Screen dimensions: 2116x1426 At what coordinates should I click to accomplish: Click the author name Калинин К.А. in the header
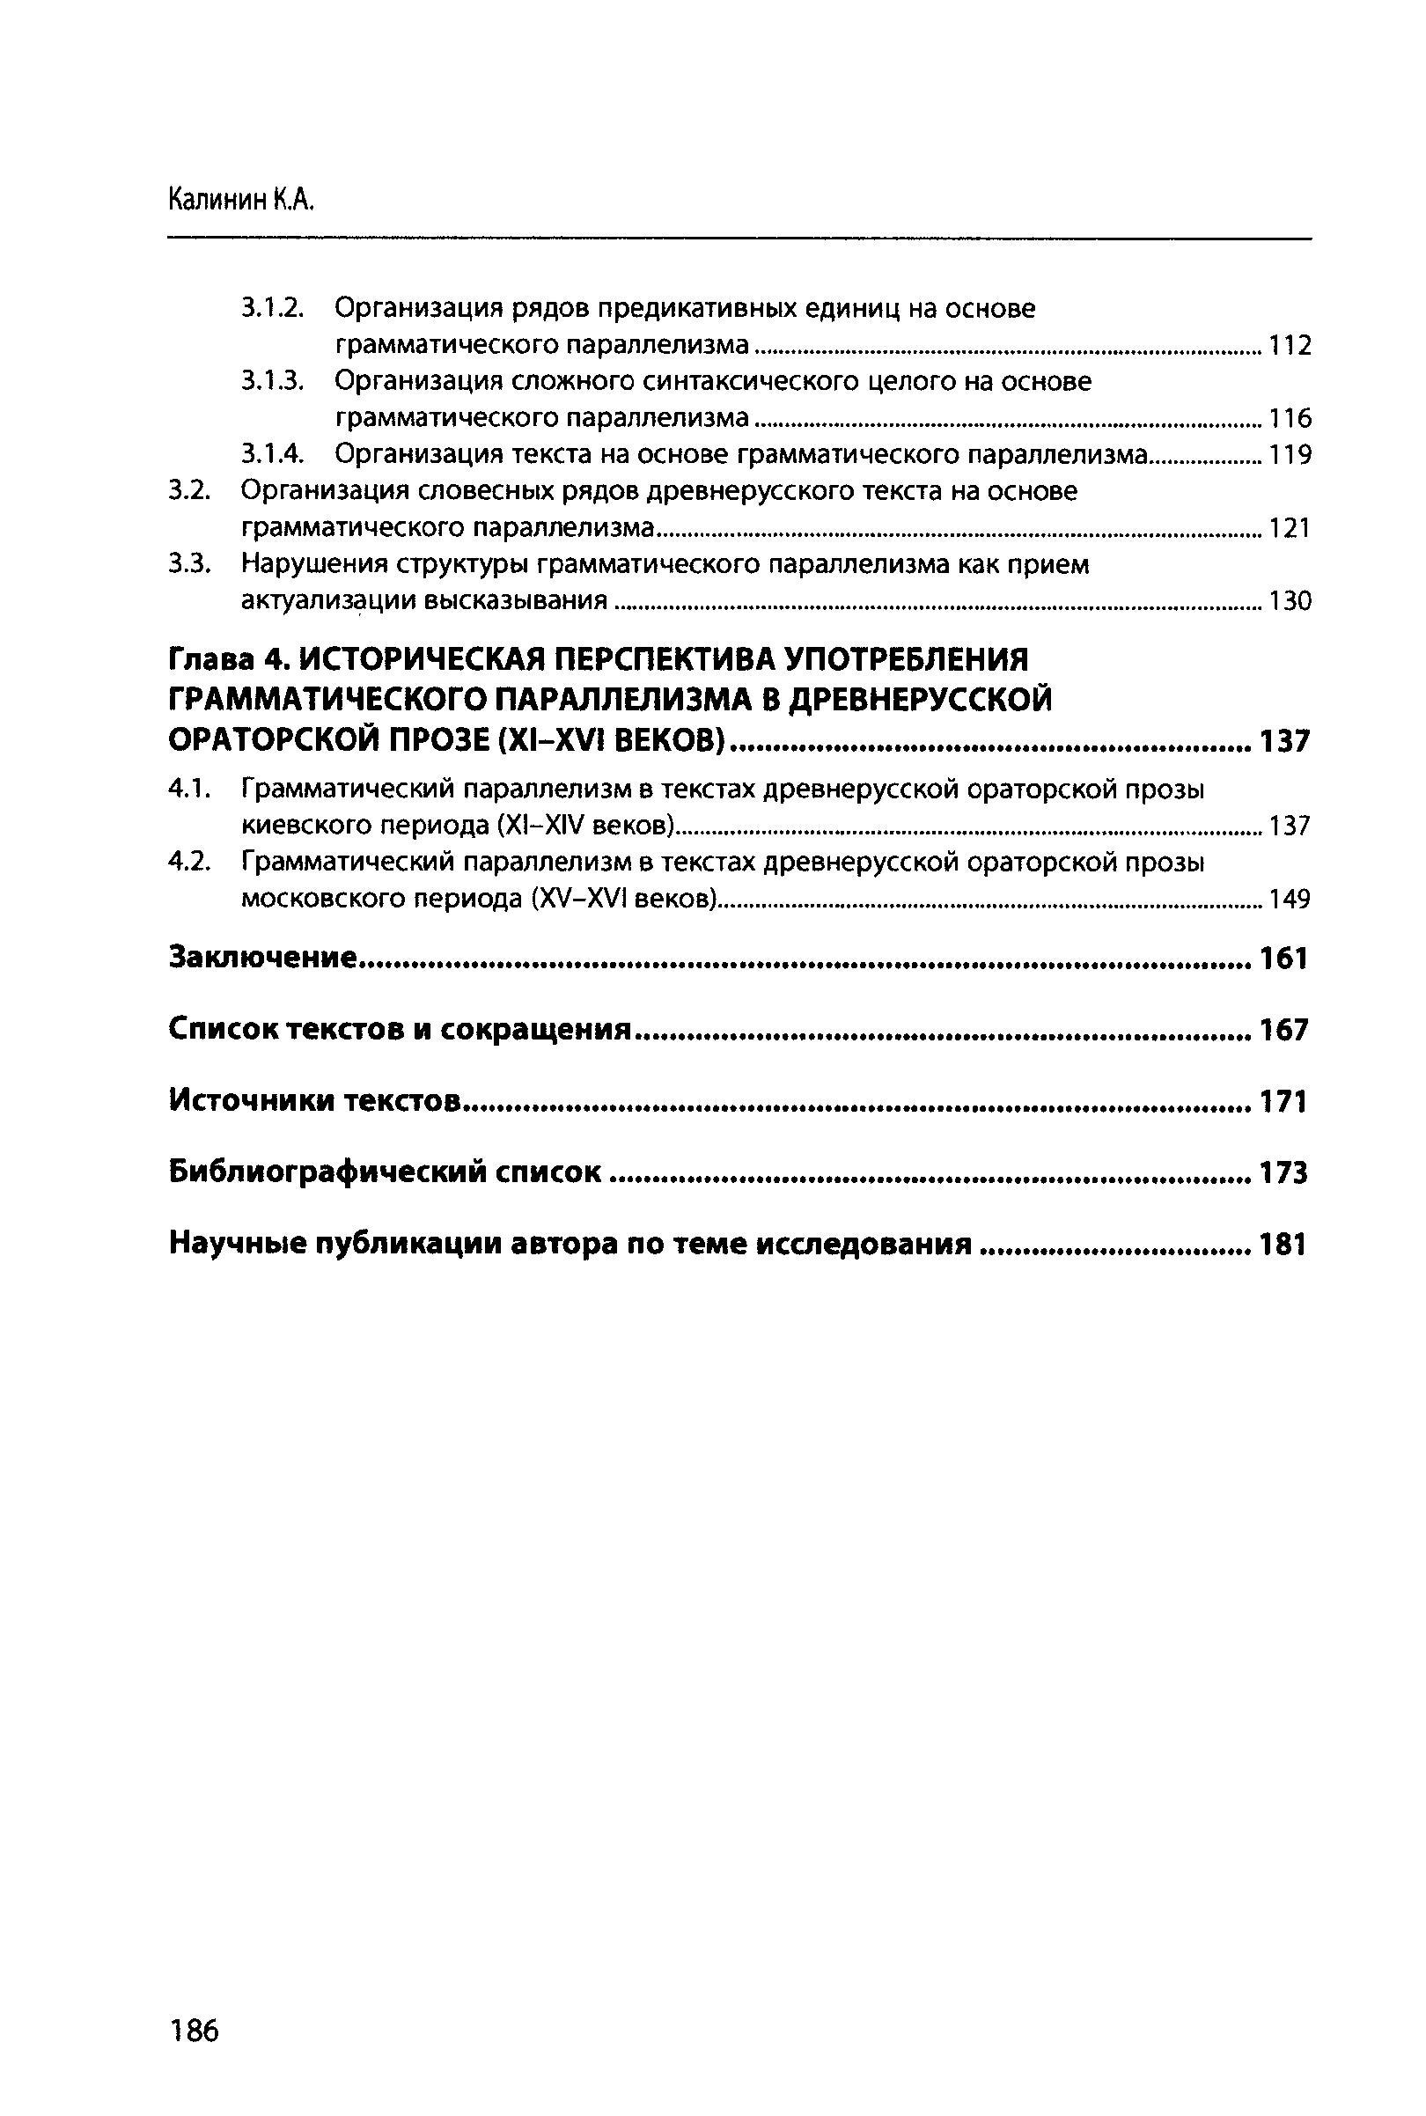pyautogui.click(x=241, y=200)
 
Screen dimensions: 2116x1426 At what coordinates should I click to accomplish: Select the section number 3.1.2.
pyautogui.click(x=271, y=308)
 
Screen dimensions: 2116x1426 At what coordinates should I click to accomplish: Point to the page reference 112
pyautogui.click(x=1290, y=346)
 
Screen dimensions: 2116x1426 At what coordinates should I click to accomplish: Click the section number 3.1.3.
pyautogui.click(x=271, y=381)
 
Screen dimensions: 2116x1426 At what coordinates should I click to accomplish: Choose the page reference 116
pyautogui.click(x=1290, y=418)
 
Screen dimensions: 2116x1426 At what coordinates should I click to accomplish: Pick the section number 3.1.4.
pyautogui.click(x=271, y=454)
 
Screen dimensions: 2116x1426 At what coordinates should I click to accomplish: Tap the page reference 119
pyautogui.click(x=1290, y=455)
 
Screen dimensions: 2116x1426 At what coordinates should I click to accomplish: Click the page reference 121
pyautogui.click(x=1290, y=528)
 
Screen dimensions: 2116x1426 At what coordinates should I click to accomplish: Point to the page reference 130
pyautogui.click(x=1290, y=601)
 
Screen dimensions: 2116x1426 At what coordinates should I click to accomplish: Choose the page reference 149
pyautogui.click(x=1290, y=900)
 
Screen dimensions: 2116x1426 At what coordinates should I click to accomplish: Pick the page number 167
pyautogui.click(x=1284, y=1030)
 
